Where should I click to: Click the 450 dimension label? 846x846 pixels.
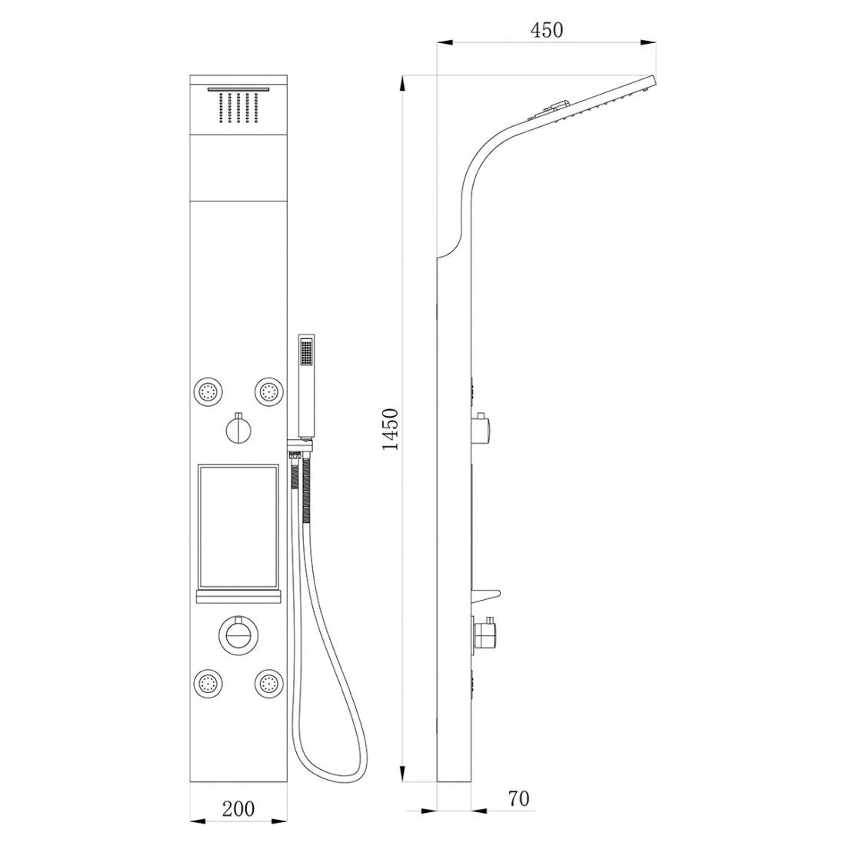[547, 30]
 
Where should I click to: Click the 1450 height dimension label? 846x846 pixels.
[390, 429]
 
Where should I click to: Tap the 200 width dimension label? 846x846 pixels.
[238, 809]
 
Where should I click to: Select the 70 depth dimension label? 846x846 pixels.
[518, 798]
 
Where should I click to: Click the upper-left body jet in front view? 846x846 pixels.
[207, 390]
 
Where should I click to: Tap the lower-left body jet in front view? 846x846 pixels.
[207, 682]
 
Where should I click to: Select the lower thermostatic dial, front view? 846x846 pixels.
[238, 634]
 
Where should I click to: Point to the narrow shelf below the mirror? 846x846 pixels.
[238, 598]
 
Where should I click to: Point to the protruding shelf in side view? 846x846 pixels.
[487, 595]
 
